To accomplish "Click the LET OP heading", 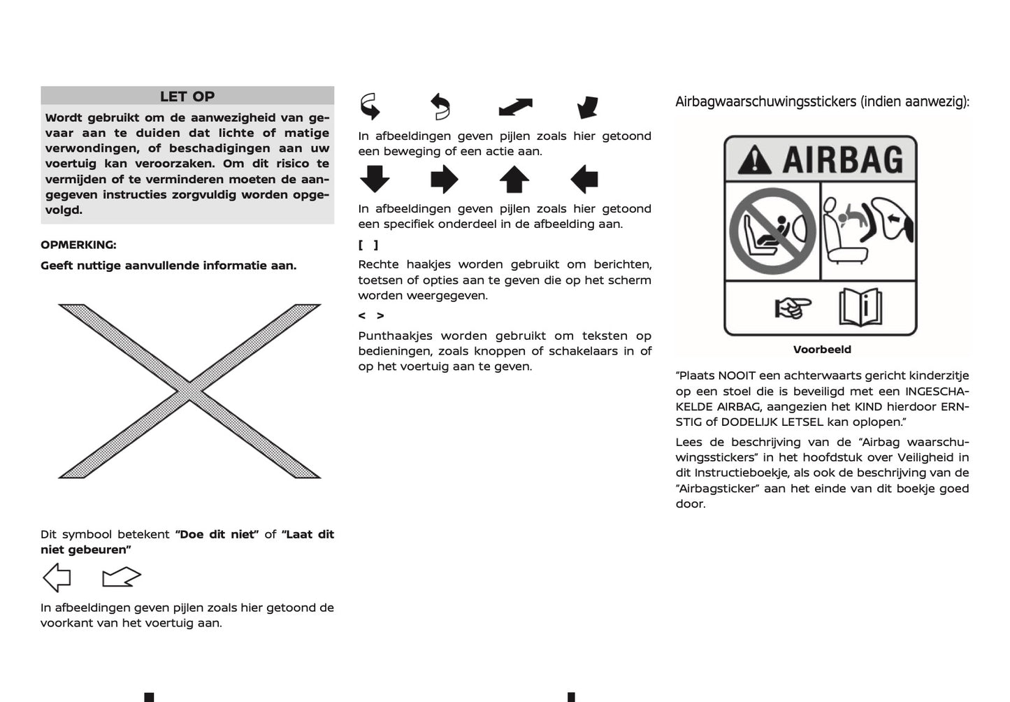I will point(187,96).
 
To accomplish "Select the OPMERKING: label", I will point(78,245).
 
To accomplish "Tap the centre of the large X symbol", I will point(189,391).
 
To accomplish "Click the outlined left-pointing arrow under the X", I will point(57,578).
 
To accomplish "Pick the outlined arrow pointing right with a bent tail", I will point(121,578).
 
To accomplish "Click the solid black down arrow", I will point(375,179).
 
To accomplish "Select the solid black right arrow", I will point(445,179).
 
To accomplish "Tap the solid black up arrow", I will point(514,179).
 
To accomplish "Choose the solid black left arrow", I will point(584,179).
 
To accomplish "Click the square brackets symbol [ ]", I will point(368,245).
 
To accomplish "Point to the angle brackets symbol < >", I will point(370,316).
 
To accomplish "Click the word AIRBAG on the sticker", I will point(842,160).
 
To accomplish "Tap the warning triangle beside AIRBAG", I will point(755,160).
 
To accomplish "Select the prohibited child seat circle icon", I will point(772,231).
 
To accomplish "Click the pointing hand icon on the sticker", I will point(793,308).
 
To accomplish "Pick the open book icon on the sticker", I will point(860,308).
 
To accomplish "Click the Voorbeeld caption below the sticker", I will point(822,350).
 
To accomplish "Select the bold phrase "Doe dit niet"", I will point(217,534).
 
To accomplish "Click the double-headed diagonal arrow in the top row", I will point(515,107).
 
